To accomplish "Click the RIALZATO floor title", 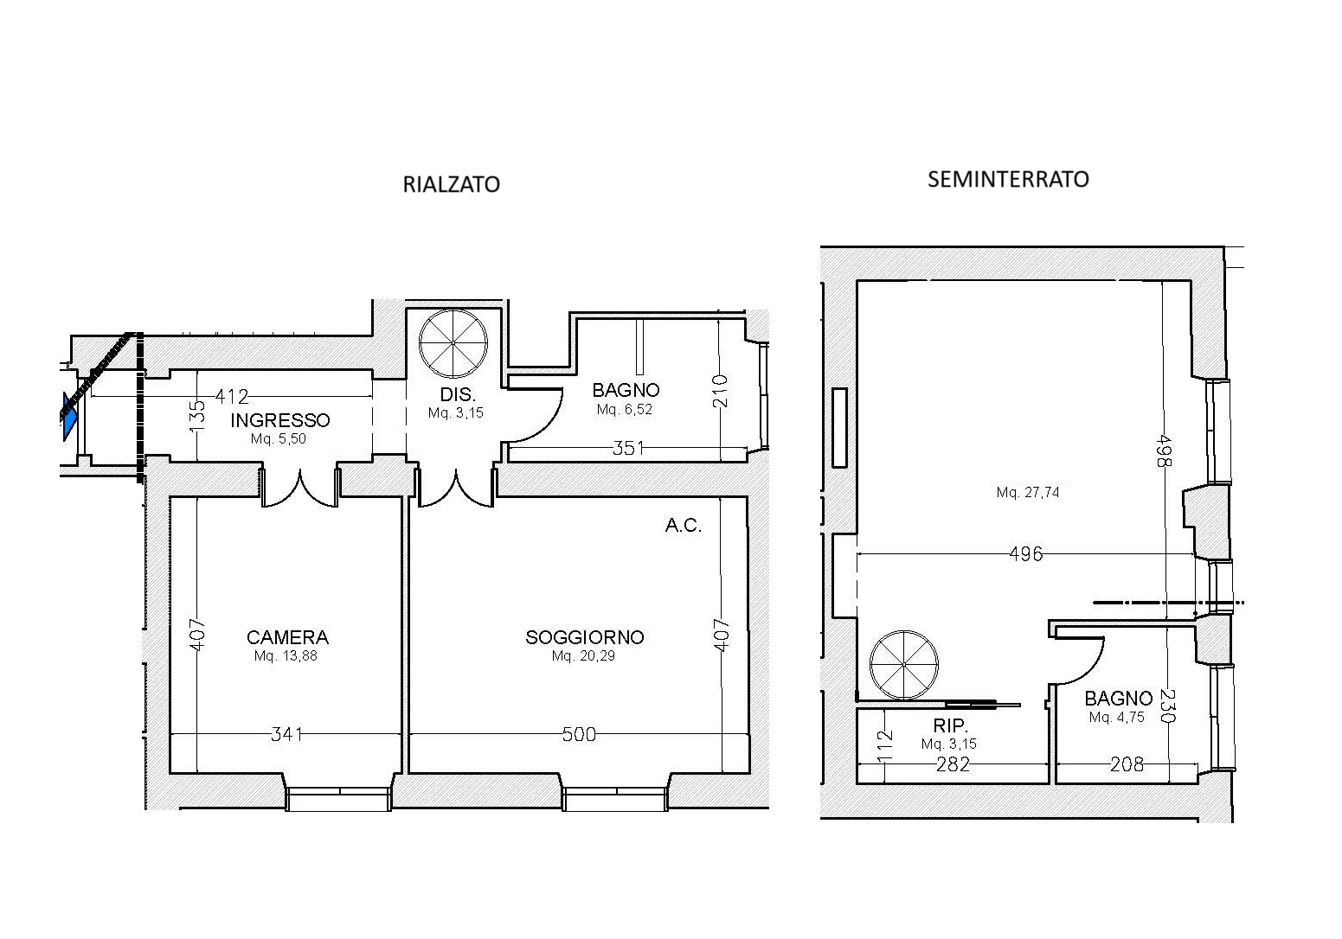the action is pyautogui.click(x=451, y=184).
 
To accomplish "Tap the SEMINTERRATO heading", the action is pyautogui.click(x=1008, y=179).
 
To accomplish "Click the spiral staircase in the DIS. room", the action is pyautogui.click(x=453, y=344).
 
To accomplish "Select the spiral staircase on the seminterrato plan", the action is pyautogui.click(x=904, y=665).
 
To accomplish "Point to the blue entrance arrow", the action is pyautogui.click(x=69, y=416).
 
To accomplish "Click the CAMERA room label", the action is pyautogui.click(x=287, y=636).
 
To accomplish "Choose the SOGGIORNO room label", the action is pyautogui.click(x=585, y=636).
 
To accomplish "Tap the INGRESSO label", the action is pyautogui.click(x=280, y=420).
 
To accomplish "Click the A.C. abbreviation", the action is pyautogui.click(x=683, y=525).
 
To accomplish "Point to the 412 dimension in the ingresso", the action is pyautogui.click(x=232, y=396).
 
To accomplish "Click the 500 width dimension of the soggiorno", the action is pyautogui.click(x=580, y=734).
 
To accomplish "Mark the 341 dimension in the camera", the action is pyautogui.click(x=287, y=734).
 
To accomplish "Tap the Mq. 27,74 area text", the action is pyautogui.click(x=1028, y=492).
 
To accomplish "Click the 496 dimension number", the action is pyautogui.click(x=1026, y=554).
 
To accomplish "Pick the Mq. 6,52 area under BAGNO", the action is pyautogui.click(x=624, y=410).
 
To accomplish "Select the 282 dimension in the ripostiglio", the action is pyautogui.click(x=954, y=764).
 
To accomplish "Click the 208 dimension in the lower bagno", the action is pyautogui.click(x=1127, y=764).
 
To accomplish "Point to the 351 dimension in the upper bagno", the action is pyautogui.click(x=628, y=448).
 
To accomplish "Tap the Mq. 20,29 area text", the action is pyautogui.click(x=583, y=655).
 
